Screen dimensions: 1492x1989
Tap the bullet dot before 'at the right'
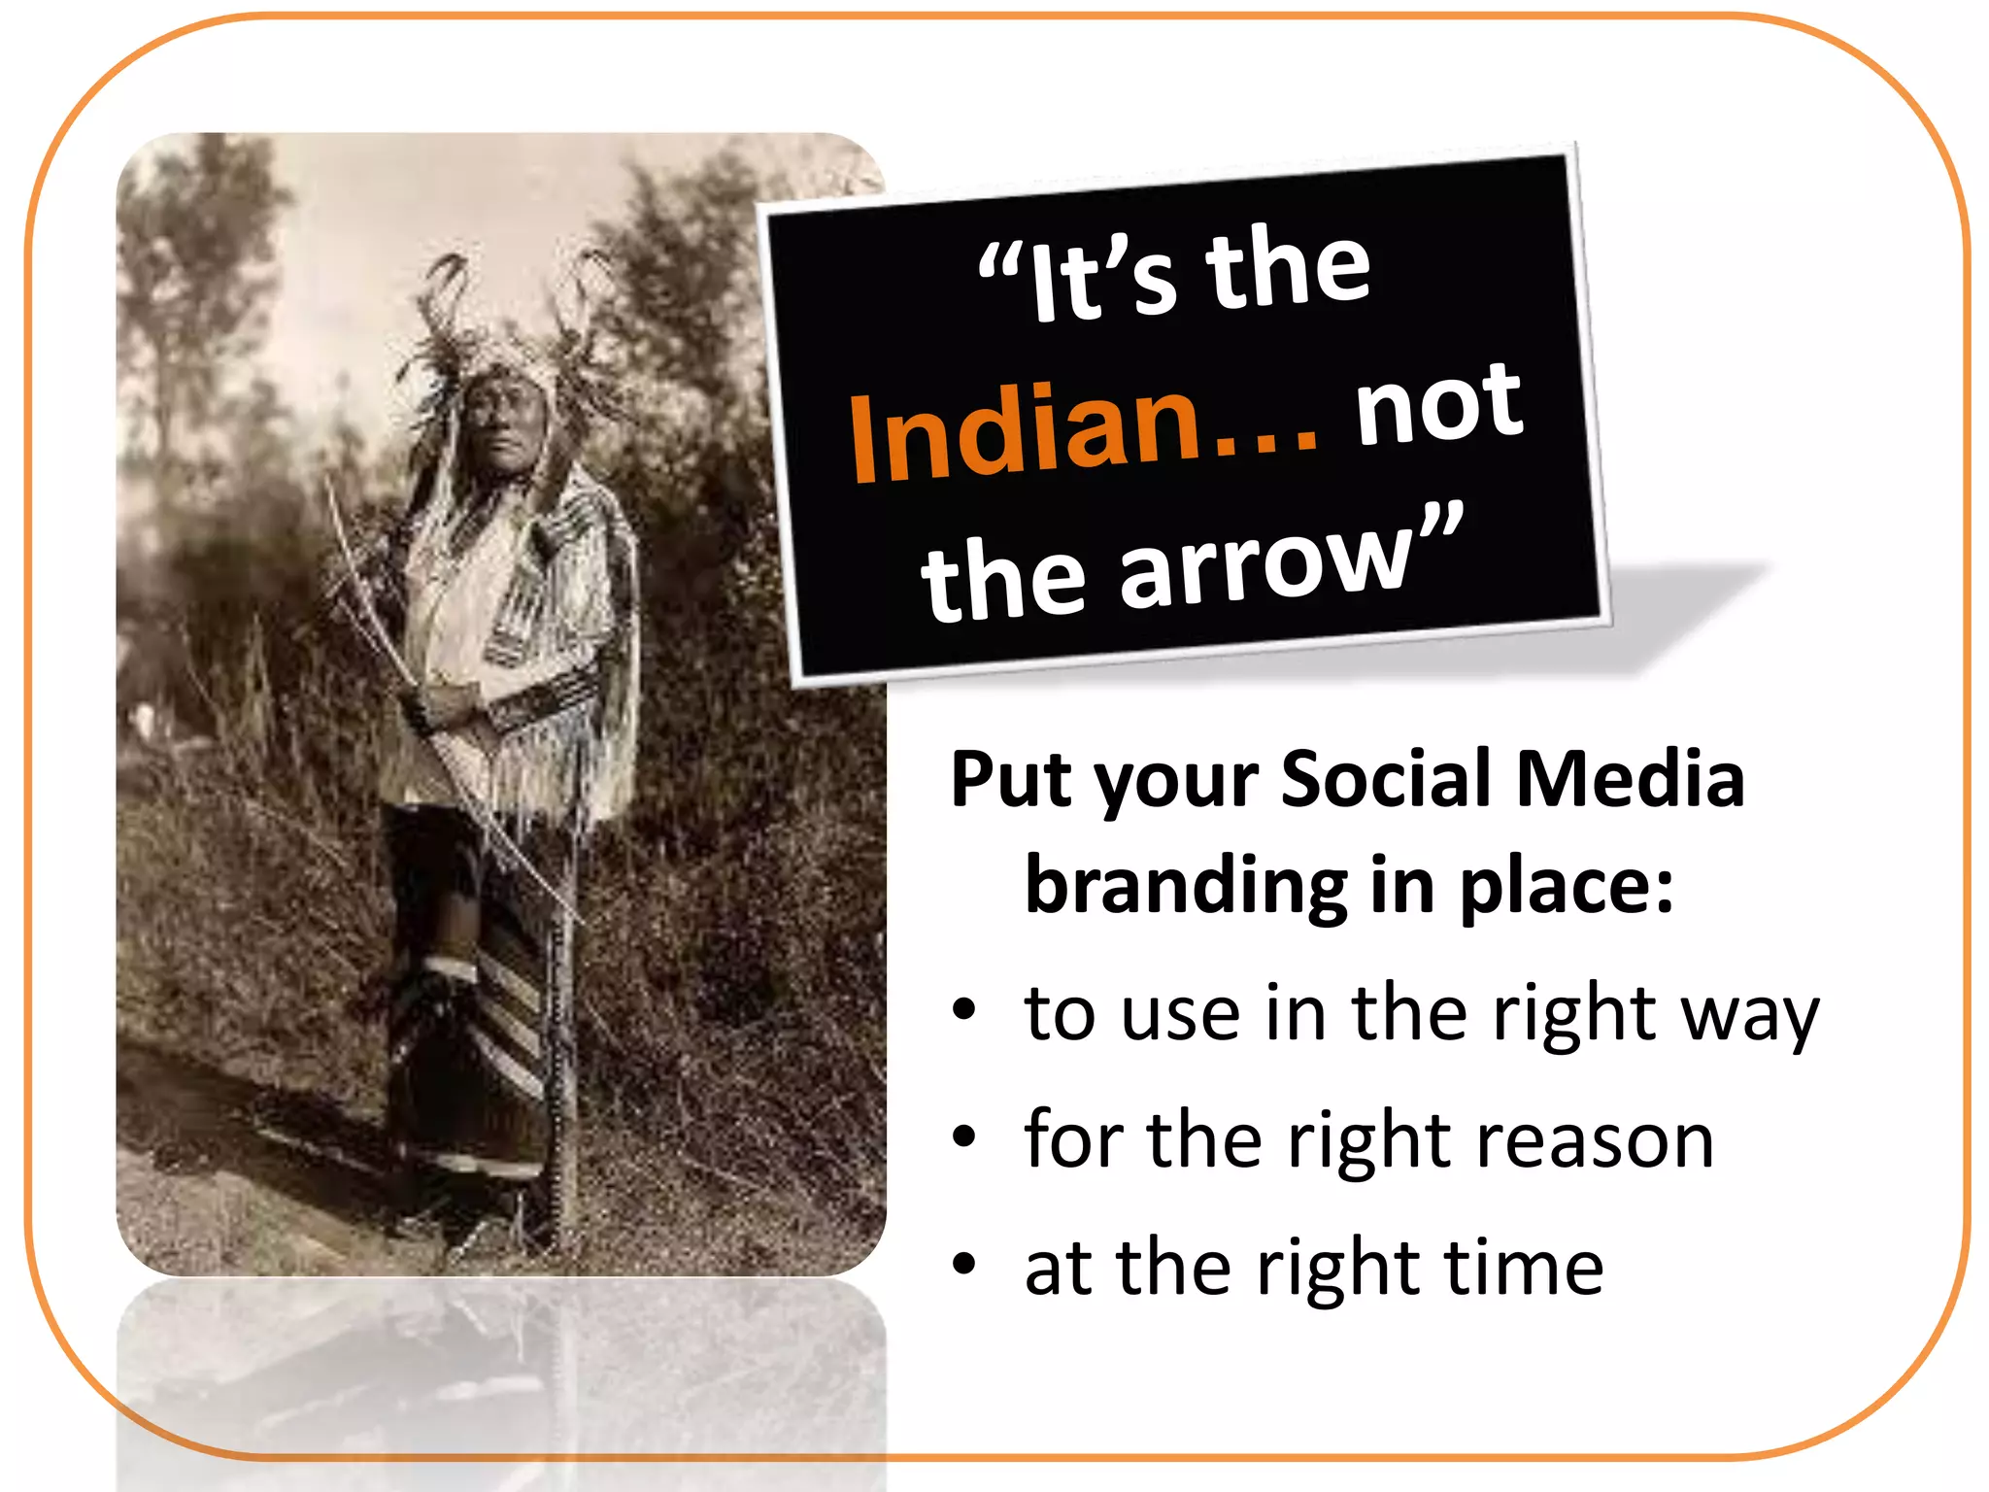tap(963, 1264)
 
